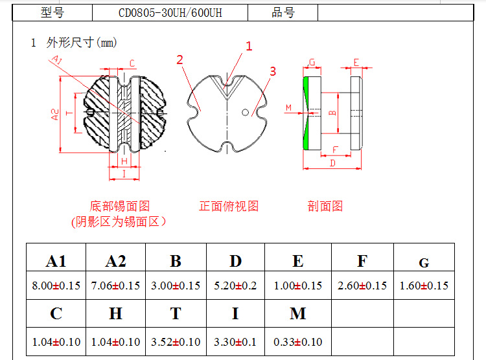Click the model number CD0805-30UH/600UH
coord(170,13)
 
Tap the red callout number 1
coord(249,47)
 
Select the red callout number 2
coord(179,60)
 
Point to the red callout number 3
coord(273,71)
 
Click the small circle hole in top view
coord(245,113)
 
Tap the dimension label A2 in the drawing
coord(55,115)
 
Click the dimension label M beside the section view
coord(288,108)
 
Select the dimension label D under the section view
coord(332,163)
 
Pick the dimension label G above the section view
coord(312,62)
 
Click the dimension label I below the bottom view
coord(124,174)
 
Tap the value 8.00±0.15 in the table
coord(56,286)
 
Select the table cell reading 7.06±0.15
coord(115,286)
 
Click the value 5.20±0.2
coord(235,286)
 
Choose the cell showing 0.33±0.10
coord(298,342)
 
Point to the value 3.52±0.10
coord(176,342)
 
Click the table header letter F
coord(362,261)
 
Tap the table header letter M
coord(298,313)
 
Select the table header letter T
coord(176,313)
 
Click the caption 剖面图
coord(325,206)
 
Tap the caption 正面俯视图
coord(229,206)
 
